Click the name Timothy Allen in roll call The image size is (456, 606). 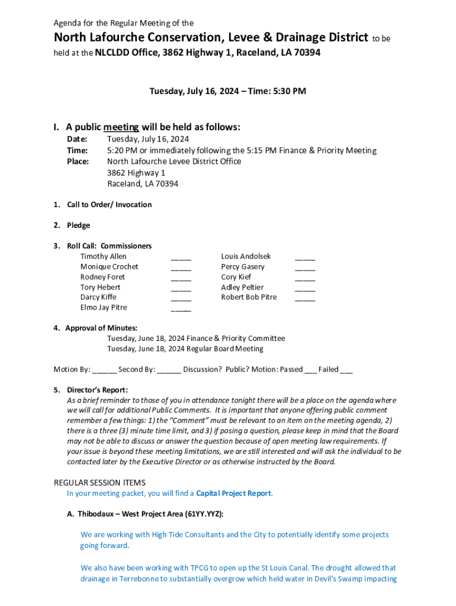click(x=103, y=256)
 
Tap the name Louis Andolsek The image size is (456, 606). click(x=246, y=256)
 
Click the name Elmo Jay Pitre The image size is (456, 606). click(x=104, y=307)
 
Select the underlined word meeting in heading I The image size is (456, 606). click(x=121, y=127)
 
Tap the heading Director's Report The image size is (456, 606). click(x=97, y=390)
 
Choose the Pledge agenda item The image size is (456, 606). click(x=78, y=225)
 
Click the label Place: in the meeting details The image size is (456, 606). click(x=78, y=161)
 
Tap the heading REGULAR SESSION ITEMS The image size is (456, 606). click(x=99, y=483)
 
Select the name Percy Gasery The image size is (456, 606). click(x=243, y=266)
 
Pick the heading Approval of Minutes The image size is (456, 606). click(x=101, y=328)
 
